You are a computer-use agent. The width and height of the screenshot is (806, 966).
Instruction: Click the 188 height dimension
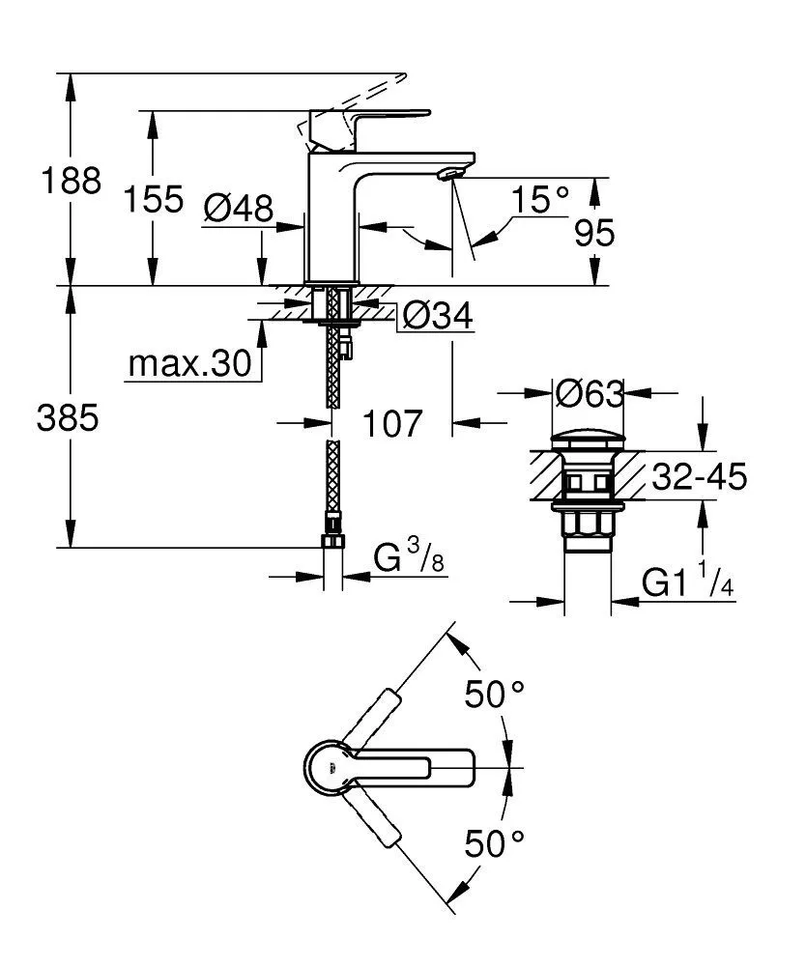pos(70,181)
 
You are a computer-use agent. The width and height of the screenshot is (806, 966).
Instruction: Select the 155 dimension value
pos(154,200)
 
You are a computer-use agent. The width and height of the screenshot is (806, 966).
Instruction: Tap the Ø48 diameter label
pos(239,207)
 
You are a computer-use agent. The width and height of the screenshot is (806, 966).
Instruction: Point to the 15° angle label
pos(541,200)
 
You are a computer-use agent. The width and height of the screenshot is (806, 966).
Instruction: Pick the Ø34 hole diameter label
pos(438,315)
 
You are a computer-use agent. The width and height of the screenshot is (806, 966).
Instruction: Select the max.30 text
pos(189,364)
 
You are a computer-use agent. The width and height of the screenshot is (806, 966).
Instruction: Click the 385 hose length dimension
pos(69,418)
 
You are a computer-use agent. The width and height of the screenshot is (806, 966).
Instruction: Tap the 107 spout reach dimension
pos(394,422)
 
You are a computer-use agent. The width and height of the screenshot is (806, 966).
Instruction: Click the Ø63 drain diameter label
pos(589,393)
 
